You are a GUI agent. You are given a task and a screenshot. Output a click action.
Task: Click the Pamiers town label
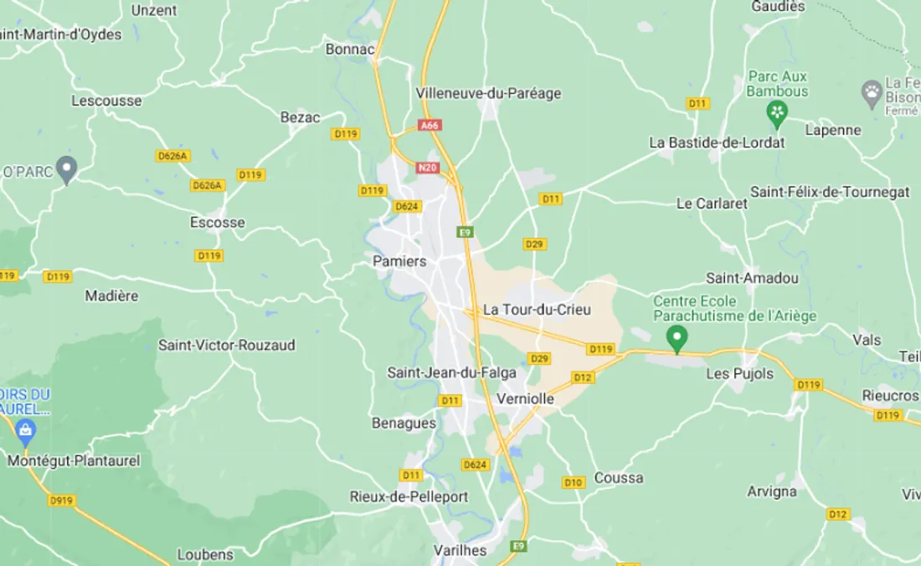click(399, 261)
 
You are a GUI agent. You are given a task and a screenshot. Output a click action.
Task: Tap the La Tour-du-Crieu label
click(537, 310)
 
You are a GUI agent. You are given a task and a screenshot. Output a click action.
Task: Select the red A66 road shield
click(430, 126)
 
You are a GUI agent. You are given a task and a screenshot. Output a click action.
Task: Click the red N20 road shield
click(427, 167)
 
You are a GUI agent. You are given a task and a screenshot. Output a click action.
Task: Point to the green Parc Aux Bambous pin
click(778, 112)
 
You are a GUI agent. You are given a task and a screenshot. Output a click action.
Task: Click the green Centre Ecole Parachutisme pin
click(677, 337)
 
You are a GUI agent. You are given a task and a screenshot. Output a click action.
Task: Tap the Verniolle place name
click(525, 399)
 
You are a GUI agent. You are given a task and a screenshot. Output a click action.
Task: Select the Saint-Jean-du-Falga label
click(451, 373)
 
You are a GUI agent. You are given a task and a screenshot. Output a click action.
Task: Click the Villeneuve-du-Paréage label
click(488, 93)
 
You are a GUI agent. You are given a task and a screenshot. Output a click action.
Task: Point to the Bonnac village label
click(350, 49)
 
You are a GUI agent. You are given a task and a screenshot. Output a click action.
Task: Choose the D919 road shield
click(61, 501)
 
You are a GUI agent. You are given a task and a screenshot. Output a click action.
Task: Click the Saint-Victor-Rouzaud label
click(227, 345)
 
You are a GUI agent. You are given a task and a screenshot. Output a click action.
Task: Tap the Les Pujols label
click(740, 373)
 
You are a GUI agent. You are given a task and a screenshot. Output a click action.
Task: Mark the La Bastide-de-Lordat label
click(718, 142)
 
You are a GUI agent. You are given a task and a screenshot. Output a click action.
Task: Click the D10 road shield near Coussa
click(574, 482)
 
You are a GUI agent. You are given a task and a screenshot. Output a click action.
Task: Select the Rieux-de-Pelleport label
click(409, 497)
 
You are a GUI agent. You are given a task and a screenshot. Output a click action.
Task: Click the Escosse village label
click(218, 222)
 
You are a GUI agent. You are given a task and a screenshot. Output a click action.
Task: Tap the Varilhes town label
click(460, 550)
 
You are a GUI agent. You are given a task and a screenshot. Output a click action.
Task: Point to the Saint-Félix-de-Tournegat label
click(830, 192)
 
